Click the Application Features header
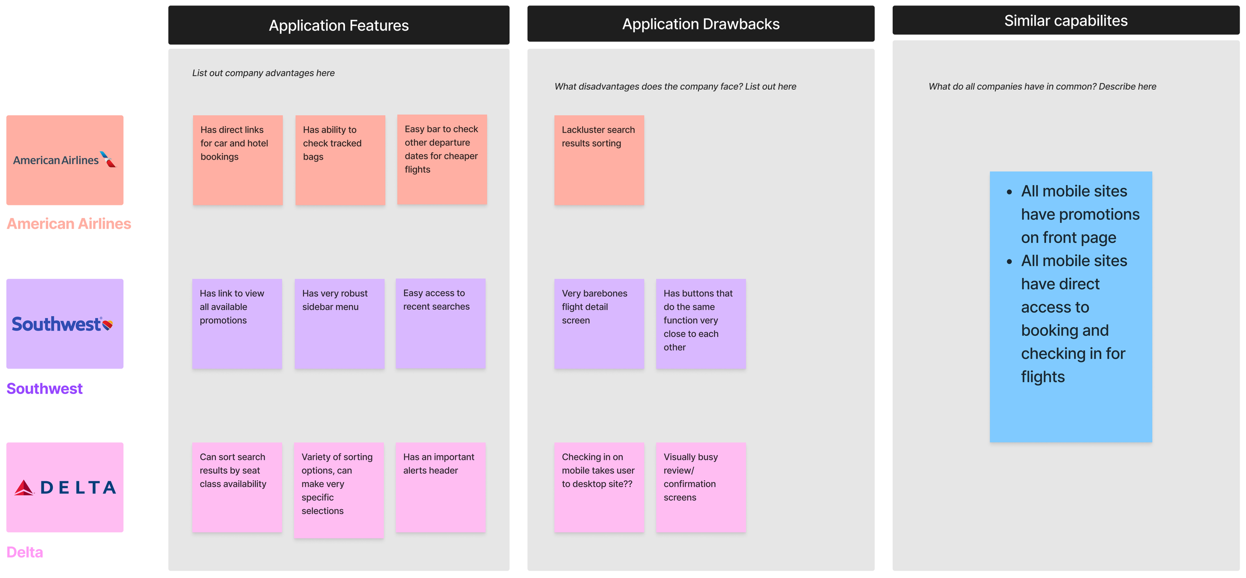338,25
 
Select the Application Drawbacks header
700,24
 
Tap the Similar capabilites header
1066,20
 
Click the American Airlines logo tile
65,160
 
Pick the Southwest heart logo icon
107,325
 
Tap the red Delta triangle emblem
24,487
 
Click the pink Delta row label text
25,552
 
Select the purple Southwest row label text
44,388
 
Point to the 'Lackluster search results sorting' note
599,160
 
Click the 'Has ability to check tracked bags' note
340,160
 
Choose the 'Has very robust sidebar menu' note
339,324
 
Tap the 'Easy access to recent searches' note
441,324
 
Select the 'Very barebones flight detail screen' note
599,324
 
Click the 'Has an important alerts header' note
441,487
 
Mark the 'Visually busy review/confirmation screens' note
701,487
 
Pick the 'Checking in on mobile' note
599,487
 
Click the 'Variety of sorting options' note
339,490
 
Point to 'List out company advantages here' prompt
263,73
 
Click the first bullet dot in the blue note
1009,192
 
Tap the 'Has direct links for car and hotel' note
238,160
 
